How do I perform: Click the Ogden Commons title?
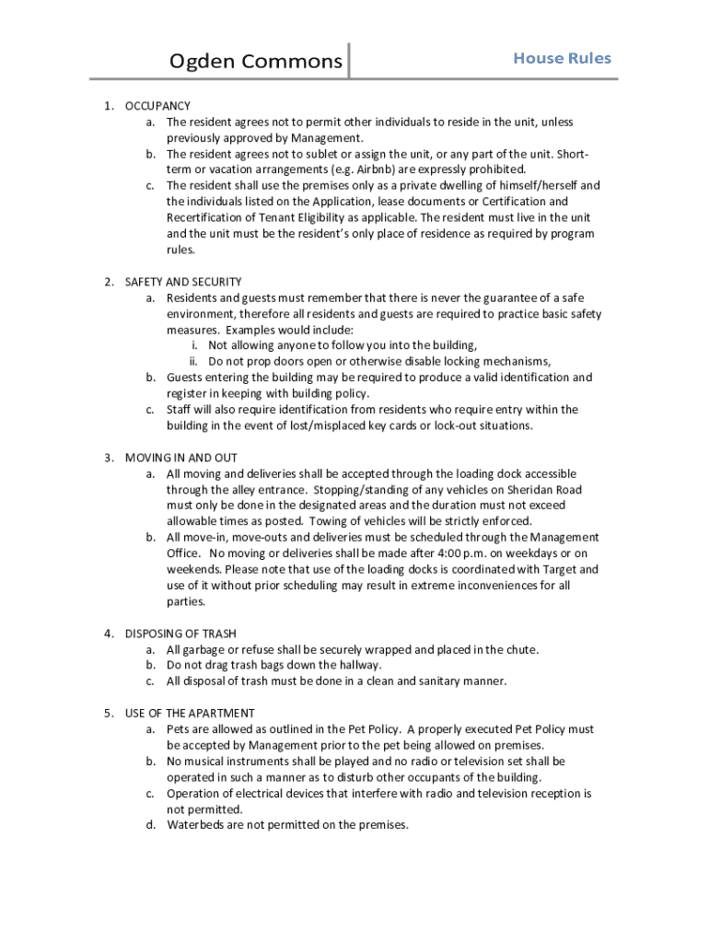coord(255,63)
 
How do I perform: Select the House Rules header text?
coord(562,58)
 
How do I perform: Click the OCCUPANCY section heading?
coord(157,106)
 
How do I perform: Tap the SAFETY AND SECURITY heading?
coord(183,282)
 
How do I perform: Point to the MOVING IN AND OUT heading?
coord(181,458)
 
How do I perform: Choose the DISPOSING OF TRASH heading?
coord(180,634)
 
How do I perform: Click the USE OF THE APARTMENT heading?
coord(190,713)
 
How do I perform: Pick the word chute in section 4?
coord(520,649)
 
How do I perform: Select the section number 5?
coord(108,713)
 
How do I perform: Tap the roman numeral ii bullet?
coord(194,361)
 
